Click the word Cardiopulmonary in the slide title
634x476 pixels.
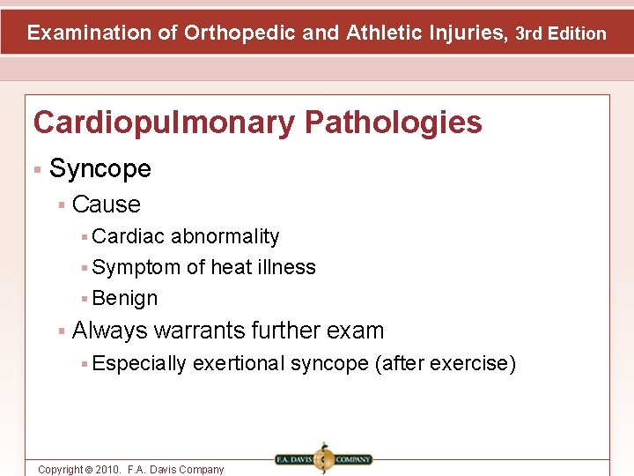click(162, 123)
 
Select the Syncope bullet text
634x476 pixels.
click(100, 168)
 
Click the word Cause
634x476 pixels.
click(107, 205)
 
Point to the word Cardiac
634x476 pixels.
click(129, 236)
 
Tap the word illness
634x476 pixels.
click(287, 267)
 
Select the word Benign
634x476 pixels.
click(125, 298)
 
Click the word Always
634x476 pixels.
click(109, 331)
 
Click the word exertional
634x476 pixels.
click(239, 363)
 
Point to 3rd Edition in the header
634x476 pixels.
click(561, 34)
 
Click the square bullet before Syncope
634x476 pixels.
click(38, 168)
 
